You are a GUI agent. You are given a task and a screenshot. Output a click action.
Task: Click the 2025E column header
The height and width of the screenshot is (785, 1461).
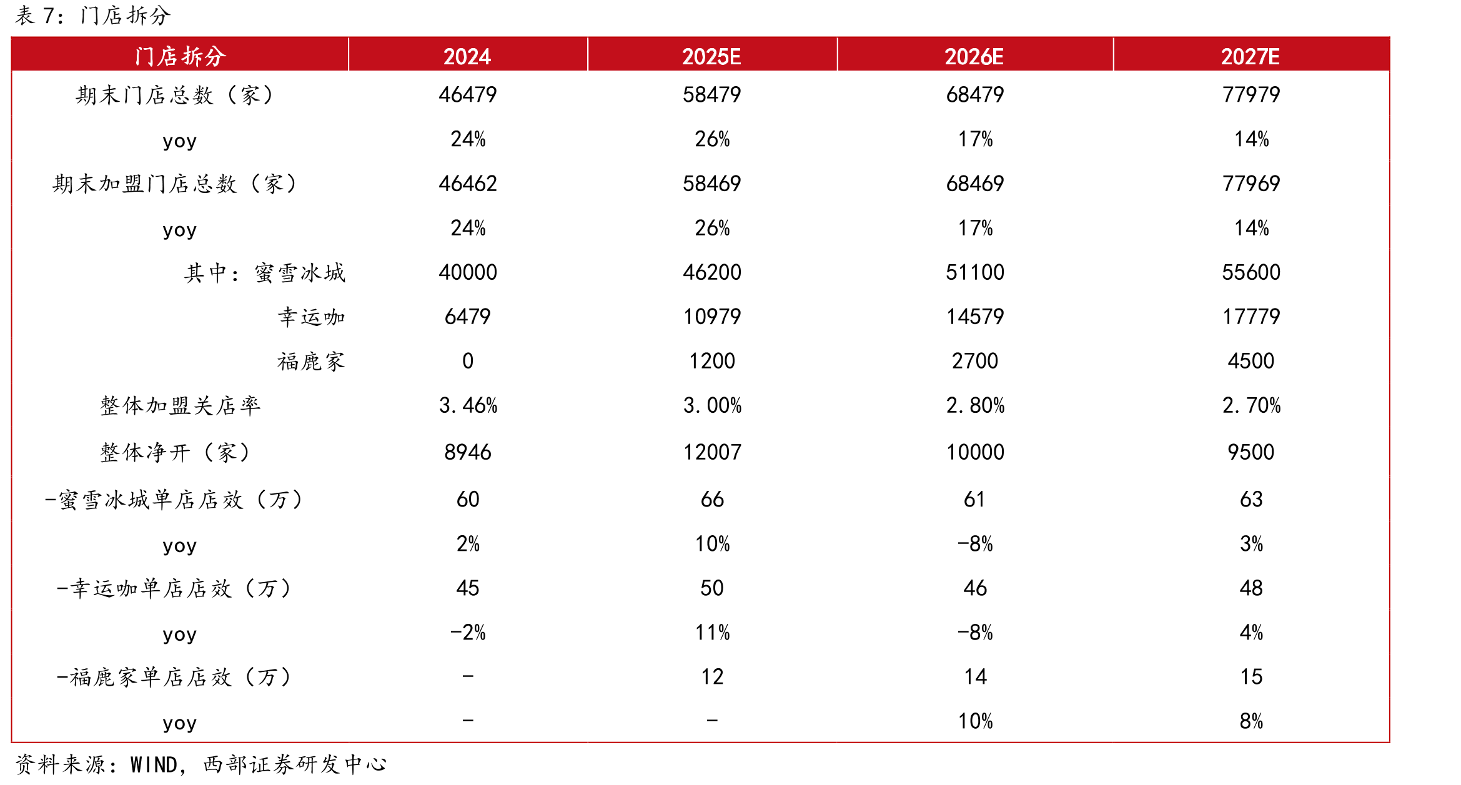711,57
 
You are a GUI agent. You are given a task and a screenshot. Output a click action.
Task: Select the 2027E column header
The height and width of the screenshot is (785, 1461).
1251,57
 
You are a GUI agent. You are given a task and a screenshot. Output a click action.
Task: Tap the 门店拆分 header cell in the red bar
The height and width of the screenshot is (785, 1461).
180,56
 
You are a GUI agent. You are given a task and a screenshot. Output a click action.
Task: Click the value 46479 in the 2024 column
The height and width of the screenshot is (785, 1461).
468,95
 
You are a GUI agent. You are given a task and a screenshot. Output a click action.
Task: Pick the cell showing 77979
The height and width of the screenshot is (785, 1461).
1251,95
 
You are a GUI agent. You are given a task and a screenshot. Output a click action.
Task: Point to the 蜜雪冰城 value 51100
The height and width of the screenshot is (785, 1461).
975,272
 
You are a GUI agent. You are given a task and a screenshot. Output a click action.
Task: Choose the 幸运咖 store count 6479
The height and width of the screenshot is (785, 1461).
468,317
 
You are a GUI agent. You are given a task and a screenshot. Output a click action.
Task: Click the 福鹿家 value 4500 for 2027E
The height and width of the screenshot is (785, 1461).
1251,361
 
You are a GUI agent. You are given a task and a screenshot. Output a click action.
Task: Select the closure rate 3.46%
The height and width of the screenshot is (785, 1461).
468,406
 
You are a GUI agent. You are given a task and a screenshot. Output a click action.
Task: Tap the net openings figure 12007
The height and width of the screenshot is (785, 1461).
712,452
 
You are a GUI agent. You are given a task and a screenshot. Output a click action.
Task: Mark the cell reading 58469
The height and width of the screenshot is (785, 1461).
712,184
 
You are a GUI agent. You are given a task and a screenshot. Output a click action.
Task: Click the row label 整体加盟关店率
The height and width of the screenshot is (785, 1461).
180,406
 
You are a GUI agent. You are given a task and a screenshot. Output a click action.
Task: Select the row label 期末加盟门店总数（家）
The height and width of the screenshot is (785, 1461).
174,184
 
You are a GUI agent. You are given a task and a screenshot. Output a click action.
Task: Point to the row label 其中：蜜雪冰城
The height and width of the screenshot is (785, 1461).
265,273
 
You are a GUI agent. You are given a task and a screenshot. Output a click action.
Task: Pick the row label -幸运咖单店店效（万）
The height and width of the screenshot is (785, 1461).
174,588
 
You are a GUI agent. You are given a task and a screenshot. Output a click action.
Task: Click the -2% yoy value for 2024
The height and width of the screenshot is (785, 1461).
468,633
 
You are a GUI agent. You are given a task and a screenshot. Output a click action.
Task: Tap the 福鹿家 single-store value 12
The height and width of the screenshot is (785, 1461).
712,677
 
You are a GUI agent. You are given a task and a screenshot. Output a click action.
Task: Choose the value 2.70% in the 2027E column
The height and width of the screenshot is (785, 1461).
1252,406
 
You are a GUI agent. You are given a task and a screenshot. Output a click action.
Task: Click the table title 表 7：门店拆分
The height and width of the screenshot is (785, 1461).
92,16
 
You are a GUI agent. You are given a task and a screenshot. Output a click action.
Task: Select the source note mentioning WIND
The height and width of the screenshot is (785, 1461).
201,764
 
